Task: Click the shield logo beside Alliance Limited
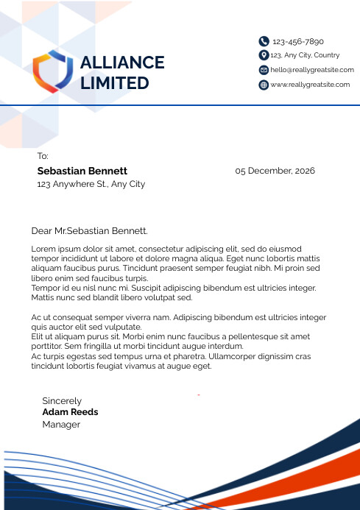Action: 53,71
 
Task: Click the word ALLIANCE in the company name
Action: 121,63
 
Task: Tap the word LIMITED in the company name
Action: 114,83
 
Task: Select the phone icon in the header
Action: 264,41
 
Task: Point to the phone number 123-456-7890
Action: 298,42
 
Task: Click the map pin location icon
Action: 264,55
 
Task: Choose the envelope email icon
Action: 264,70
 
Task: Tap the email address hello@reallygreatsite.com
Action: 312,70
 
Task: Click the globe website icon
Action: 264,85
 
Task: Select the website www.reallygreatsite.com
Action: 310,85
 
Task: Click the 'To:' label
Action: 43,156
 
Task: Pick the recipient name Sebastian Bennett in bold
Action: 82,171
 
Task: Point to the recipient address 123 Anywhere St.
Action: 91,184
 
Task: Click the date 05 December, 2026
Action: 275,171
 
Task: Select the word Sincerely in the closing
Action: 62,401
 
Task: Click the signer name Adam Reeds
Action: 70,412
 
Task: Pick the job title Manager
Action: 60,425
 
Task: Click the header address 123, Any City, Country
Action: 305,55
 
